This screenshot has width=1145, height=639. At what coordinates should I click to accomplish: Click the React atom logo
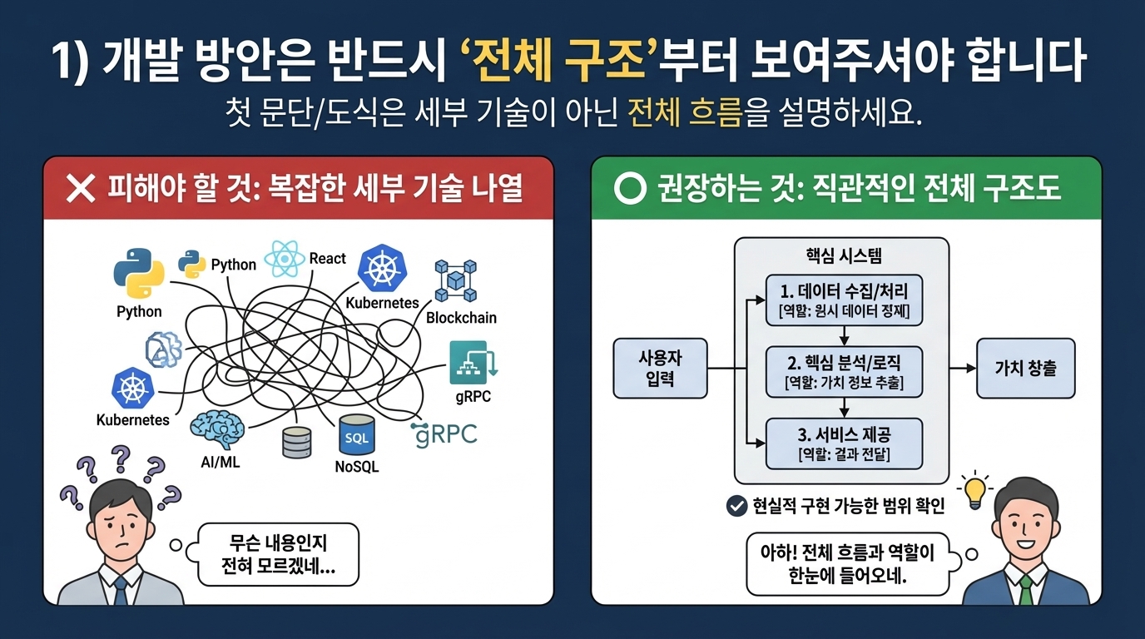pyautogui.click(x=285, y=259)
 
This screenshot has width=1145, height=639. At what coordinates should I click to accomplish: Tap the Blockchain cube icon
pyautogui.click(x=455, y=280)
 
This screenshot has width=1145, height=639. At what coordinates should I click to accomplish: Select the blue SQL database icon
pyautogui.click(x=357, y=435)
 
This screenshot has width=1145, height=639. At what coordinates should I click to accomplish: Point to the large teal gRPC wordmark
pyautogui.click(x=444, y=435)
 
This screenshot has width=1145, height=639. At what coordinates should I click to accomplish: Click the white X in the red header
pyautogui.click(x=81, y=188)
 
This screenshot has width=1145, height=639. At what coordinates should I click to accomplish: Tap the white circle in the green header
pyautogui.click(x=630, y=188)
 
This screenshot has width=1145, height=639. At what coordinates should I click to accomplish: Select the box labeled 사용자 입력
pyautogui.click(x=660, y=368)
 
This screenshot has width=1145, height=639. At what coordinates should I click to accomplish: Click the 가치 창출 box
pyautogui.click(x=1025, y=368)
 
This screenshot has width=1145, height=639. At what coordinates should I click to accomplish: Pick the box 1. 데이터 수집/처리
pyautogui.click(x=844, y=300)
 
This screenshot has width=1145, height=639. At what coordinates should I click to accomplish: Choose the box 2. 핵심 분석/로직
pyautogui.click(x=844, y=372)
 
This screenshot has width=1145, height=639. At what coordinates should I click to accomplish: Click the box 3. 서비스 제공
pyautogui.click(x=844, y=443)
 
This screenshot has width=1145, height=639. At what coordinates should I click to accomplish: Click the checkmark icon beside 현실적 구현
pyautogui.click(x=736, y=506)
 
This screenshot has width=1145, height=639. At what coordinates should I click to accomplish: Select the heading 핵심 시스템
pyautogui.click(x=844, y=255)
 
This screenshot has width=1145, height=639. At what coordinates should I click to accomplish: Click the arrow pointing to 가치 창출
pyautogui.click(x=963, y=368)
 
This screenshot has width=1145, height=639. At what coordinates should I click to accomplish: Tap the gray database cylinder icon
pyautogui.click(x=296, y=442)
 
